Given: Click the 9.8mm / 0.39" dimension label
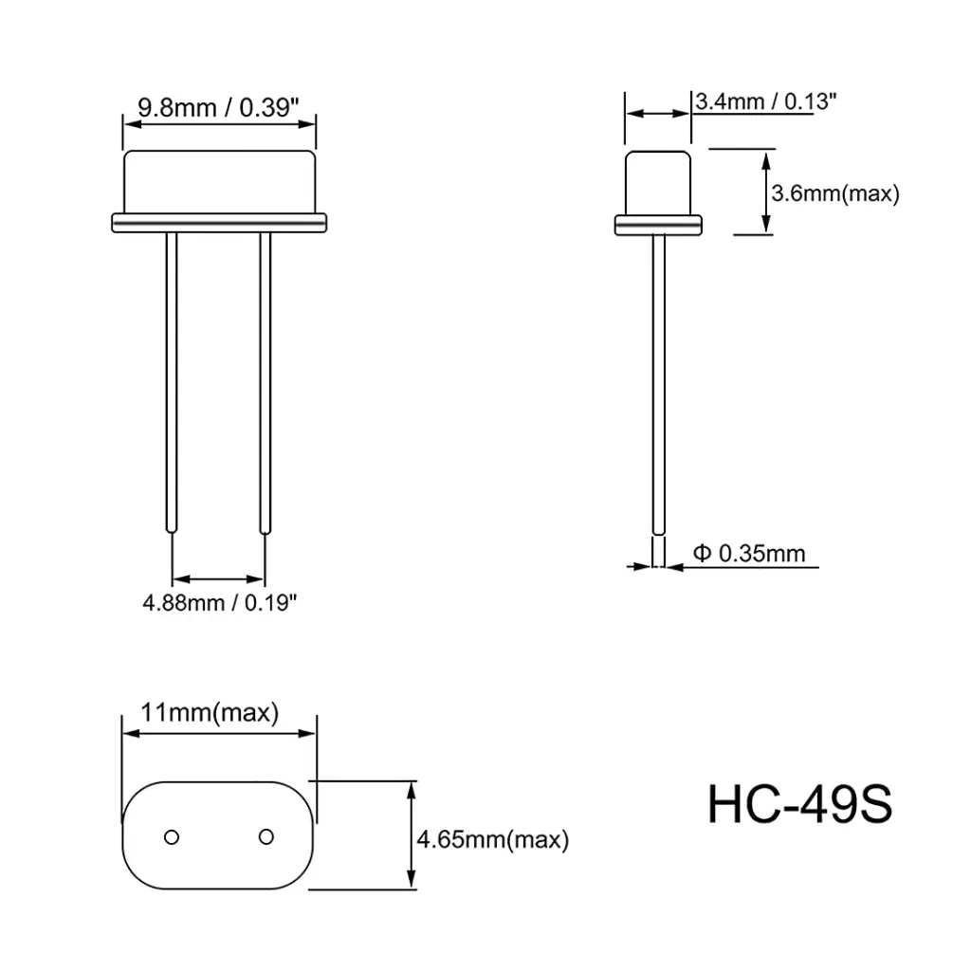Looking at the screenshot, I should point(219,106).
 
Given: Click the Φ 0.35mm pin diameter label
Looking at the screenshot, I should point(749,552).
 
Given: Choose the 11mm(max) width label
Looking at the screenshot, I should point(210,712).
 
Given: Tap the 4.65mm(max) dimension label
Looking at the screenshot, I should point(493,839).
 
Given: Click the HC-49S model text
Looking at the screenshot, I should point(799,804).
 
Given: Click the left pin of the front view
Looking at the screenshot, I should point(172,379).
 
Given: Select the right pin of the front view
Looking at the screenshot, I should point(266,379).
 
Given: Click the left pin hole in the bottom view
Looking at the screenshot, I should point(172,836).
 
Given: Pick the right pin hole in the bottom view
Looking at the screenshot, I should point(266,836).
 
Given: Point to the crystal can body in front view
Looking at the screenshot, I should point(219,182).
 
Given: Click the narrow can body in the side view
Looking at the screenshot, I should point(657,182).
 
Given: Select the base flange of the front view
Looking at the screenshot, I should point(219,223).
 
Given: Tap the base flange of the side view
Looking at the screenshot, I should point(658,225).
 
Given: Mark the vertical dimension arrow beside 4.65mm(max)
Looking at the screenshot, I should point(411,834).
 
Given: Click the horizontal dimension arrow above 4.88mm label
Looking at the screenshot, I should point(219,577).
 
